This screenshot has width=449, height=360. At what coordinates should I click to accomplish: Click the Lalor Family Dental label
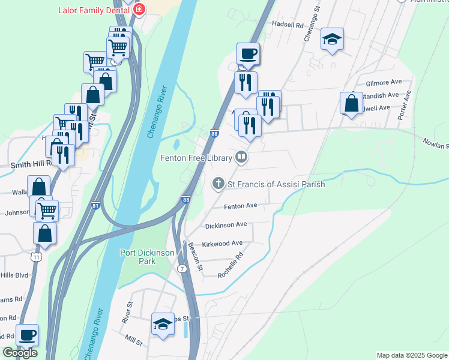coord(94,10)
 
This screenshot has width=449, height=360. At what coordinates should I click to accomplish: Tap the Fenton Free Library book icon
coord(241,158)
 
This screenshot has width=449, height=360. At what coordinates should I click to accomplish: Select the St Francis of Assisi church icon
coord(219,184)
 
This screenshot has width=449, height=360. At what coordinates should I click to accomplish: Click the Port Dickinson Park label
coord(147,257)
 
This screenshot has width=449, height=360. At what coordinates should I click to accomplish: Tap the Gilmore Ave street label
coord(384,82)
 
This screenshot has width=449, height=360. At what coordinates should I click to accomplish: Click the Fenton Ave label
coord(240,206)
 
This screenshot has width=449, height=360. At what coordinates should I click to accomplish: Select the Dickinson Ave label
coord(226,224)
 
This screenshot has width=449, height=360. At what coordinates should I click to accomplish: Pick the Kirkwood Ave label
coord(222,243)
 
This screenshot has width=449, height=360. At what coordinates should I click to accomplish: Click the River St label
coord(127,313)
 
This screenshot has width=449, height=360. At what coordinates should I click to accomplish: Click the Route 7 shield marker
coord(181,268)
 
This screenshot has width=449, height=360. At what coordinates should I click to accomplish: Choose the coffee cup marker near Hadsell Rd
coord(248,54)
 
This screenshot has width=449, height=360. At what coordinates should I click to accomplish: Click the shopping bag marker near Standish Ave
coord(351,104)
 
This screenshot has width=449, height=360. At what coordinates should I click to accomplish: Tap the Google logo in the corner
coord(20,353)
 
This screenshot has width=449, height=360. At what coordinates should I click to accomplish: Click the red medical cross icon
coord(140,10)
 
